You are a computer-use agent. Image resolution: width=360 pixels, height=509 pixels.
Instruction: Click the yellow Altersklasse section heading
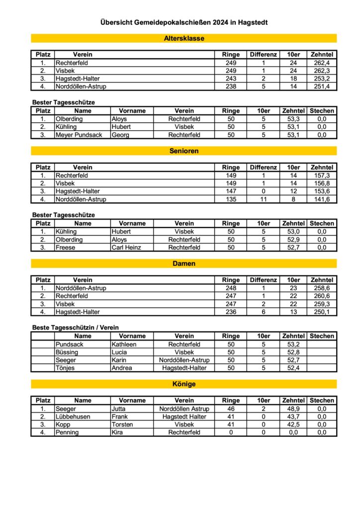coord(184,38)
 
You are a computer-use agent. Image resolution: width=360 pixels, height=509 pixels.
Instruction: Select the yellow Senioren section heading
coord(184,151)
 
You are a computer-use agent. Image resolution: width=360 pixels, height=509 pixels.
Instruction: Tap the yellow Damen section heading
coord(184,263)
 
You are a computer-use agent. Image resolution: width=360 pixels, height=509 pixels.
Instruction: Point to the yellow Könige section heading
coord(184,384)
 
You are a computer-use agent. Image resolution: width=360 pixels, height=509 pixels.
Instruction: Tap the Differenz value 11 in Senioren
coord(264,199)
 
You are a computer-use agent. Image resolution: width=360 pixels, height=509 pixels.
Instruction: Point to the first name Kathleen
coord(124,344)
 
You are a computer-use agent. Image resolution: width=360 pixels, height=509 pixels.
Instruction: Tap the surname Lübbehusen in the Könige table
coord(73,417)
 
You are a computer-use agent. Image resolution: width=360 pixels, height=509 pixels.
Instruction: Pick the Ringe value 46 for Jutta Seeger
coord(231,409)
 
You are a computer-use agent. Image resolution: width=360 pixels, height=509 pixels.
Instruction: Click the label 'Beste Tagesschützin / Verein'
coord(76,328)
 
